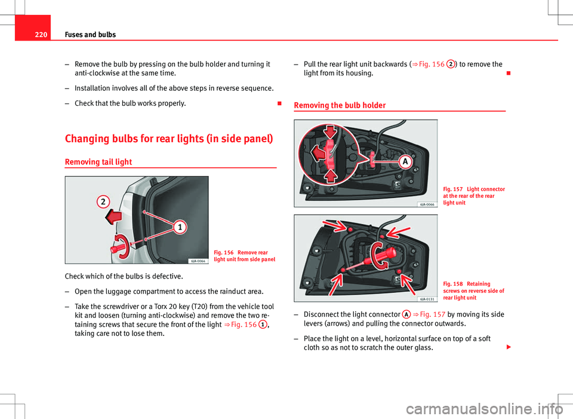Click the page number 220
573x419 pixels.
pos(41,35)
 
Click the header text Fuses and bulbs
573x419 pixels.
pos(90,35)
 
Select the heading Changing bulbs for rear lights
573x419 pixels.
pos(169,139)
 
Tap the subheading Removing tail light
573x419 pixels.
pos(98,162)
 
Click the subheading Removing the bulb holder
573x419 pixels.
pos(340,105)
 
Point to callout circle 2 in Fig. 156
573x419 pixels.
pos(103,201)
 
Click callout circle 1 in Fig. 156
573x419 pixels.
pos(180,227)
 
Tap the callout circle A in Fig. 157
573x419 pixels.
pos(405,161)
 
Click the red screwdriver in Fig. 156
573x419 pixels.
pos(123,247)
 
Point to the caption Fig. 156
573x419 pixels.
pos(245,256)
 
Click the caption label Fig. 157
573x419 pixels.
pos(453,189)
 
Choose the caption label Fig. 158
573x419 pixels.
pos(453,284)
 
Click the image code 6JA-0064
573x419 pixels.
pos(198,261)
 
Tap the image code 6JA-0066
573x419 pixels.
pos(427,204)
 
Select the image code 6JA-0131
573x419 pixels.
pos(427,299)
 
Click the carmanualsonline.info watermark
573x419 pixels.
pos(485,409)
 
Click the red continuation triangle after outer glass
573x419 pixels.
pos(508,347)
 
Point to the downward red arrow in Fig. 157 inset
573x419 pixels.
pos(330,131)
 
